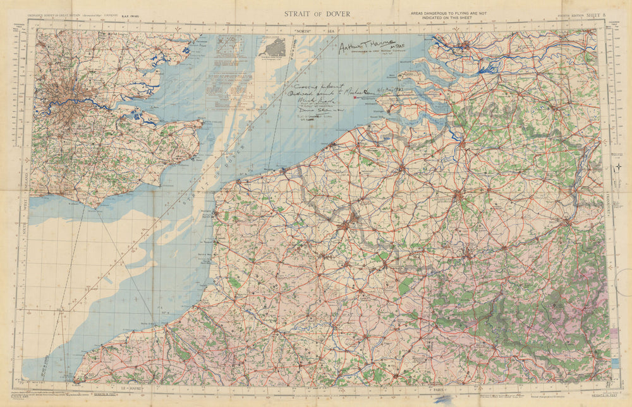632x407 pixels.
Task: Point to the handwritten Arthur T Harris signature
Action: point(364,47)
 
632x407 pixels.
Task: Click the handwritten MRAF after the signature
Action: point(398,49)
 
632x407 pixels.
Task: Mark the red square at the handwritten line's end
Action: point(355,97)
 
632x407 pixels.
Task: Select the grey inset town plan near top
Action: point(272,47)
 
